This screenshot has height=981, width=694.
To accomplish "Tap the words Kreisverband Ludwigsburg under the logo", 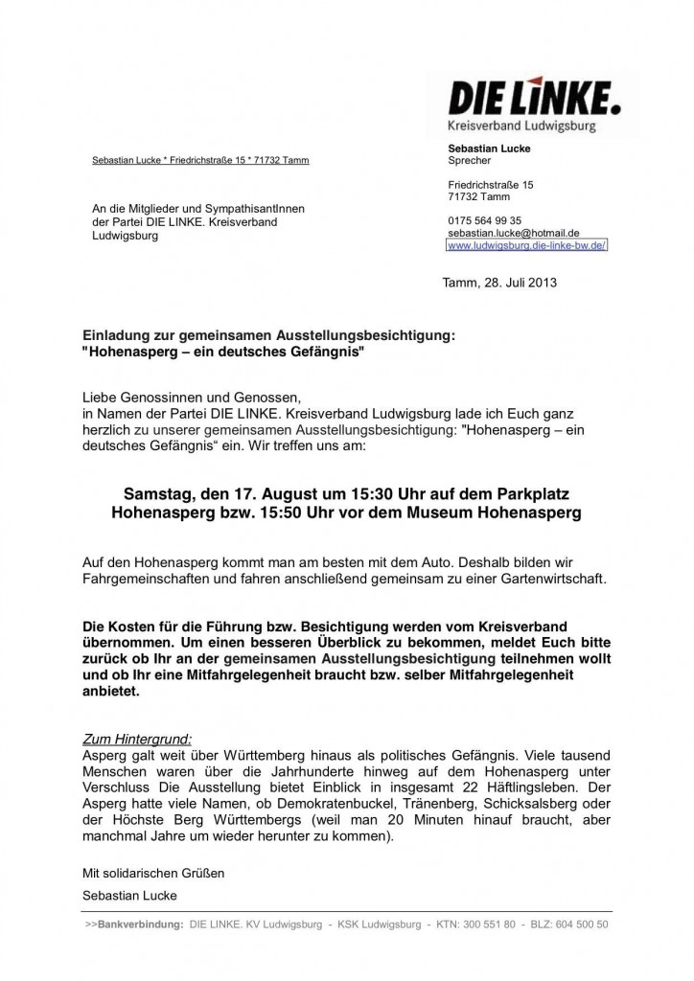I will [514, 125].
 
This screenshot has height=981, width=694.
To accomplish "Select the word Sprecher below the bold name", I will [469, 161].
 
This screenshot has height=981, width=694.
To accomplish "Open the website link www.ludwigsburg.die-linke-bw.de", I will [527, 245].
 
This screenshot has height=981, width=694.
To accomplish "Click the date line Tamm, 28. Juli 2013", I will [498, 283].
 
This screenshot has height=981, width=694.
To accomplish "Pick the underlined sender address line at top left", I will [200, 160].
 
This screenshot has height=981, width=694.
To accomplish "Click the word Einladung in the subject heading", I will [112, 335].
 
